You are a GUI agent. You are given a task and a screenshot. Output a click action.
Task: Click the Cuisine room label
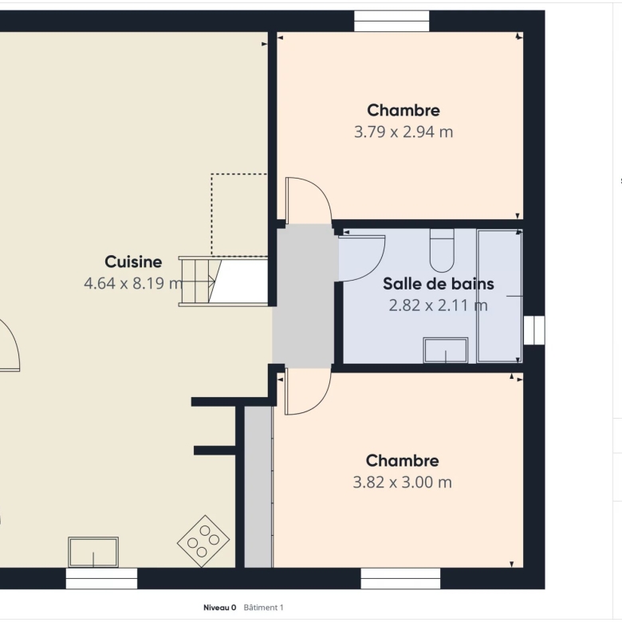[133, 262]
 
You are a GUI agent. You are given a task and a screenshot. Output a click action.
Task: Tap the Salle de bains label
[439, 284]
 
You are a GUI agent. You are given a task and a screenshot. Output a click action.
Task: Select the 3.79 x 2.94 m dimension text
[404, 132]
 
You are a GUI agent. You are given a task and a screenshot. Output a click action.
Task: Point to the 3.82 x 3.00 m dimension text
[402, 482]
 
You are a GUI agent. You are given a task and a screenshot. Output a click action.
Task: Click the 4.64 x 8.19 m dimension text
[133, 283]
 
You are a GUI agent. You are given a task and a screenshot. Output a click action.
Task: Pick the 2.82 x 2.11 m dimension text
[438, 305]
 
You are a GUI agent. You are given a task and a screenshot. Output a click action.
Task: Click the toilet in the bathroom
[442, 250]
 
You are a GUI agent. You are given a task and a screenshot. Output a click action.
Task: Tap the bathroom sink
[446, 350]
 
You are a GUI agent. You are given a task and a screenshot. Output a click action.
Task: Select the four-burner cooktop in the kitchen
[203, 541]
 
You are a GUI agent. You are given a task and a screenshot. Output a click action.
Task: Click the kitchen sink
[93, 552]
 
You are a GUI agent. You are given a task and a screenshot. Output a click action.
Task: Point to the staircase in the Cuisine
[223, 281]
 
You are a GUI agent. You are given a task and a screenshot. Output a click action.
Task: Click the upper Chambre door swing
[309, 201]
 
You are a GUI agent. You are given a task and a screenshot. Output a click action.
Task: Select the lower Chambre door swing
[308, 391]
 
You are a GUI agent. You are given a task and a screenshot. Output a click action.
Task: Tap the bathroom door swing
[361, 258]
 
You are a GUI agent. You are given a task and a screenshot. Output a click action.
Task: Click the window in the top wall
[392, 21]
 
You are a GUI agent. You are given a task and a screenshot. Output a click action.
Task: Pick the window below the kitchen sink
[101, 578]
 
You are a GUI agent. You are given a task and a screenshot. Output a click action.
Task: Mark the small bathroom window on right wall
[534, 330]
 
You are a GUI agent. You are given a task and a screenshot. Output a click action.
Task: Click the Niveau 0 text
[220, 608]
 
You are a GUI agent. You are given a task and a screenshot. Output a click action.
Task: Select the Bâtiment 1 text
[263, 608]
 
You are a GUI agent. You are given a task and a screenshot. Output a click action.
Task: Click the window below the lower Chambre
[400, 578]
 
